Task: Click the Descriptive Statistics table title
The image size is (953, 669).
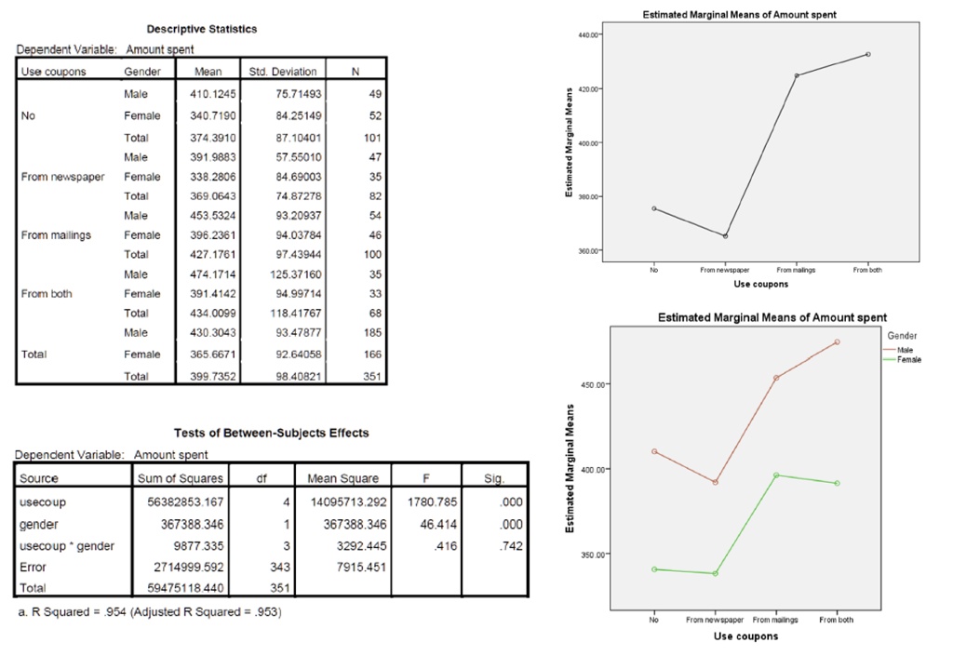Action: pos(202,29)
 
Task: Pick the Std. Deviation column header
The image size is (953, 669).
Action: pos(283,72)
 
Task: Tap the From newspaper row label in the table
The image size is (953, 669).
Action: pos(62,176)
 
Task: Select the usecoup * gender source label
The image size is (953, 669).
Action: pos(67,546)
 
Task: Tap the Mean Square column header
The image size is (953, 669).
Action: pos(342,478)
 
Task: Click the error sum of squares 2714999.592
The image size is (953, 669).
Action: pos(190,567)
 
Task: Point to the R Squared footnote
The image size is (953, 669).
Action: pos(149,611)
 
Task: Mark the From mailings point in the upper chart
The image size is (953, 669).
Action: pos(797,75)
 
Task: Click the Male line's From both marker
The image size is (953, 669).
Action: pos(837,342)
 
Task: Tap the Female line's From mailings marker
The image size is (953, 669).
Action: pos(776,475)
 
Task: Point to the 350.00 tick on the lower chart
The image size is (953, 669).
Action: pos(594,555)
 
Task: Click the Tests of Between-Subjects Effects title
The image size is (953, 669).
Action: pos(271,433)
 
